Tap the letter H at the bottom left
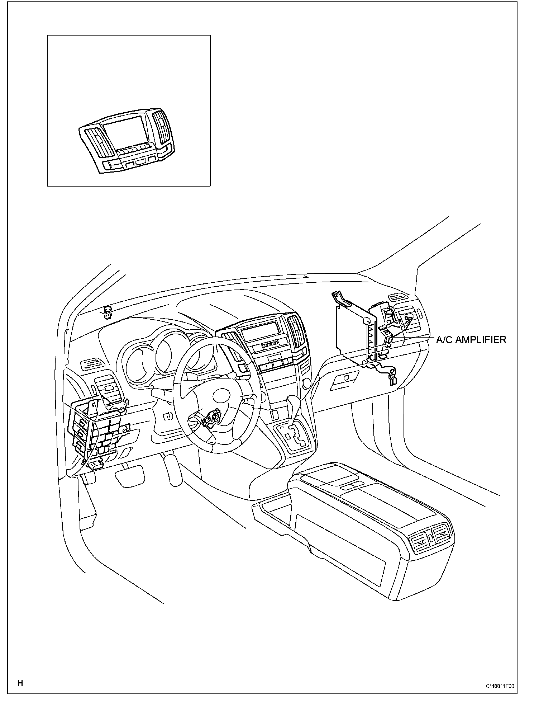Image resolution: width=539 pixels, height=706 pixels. pyautogui.click(x=20, y=683)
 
